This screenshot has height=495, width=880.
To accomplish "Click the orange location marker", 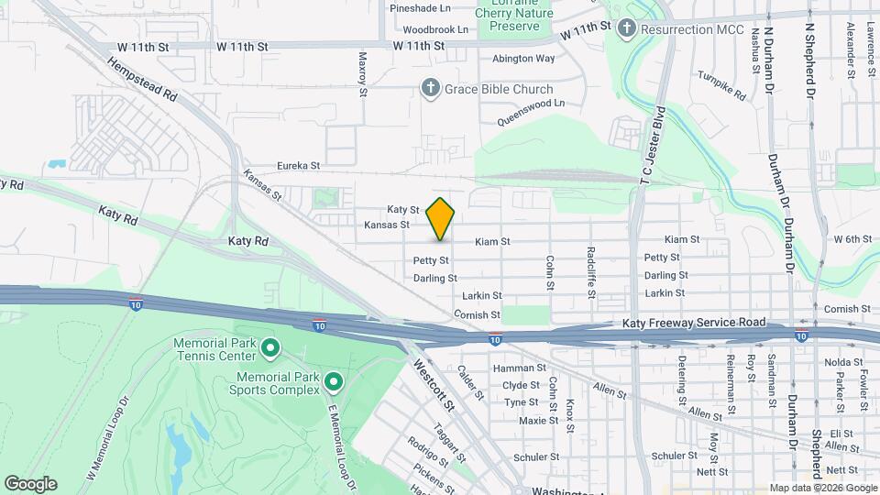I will coord(441,218).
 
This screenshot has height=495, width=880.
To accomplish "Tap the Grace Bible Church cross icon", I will coord(431,89).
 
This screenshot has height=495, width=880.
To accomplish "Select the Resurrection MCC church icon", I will coord(627,29).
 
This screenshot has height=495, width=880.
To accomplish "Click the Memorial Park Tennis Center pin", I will coord(270,347).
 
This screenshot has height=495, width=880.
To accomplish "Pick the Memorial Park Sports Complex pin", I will coord(334,381).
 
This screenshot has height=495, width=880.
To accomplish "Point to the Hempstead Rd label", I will coord(141,79).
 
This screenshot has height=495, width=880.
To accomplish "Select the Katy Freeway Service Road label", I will coord(688,324).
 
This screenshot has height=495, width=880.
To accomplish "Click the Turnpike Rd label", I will coord(721,84).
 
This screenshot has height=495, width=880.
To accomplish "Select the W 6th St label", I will coord(852,239).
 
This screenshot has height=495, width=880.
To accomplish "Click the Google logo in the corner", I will coord(30,484).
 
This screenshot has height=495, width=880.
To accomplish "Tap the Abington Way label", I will coord(523,59).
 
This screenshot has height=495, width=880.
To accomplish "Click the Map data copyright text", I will coord(823,488).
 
